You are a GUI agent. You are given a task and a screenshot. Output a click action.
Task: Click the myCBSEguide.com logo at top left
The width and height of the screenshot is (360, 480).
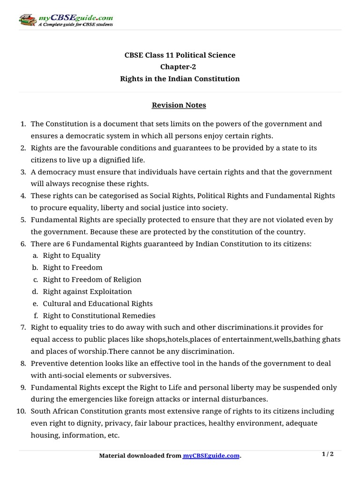coord(66,20)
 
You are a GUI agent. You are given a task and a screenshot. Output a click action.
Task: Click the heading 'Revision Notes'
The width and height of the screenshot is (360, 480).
coord(179,105)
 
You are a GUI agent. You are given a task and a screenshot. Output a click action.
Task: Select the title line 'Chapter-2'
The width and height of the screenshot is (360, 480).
coord(180,67)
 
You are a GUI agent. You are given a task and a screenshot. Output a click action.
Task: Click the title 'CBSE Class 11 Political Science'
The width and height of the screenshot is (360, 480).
coord(180,55)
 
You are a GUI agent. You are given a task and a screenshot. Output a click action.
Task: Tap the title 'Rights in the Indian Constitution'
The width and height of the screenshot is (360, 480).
coord(180,79)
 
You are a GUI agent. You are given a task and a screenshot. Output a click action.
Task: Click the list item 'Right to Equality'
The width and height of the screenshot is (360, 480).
coord(72,255)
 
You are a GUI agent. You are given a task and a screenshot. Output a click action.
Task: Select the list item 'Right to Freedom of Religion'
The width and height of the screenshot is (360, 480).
coord(92,279)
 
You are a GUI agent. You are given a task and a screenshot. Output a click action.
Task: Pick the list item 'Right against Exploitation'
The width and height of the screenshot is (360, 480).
coord(87,292)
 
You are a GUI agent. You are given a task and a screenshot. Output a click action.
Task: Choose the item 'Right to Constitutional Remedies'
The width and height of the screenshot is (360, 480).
coord(99,315)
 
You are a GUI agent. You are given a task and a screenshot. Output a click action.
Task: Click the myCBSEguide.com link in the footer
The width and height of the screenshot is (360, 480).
coord(211,456)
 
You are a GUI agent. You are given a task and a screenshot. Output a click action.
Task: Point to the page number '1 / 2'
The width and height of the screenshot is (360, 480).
coord(328,454)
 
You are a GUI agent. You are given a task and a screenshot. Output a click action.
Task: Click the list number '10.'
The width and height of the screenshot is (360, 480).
coord(21,411)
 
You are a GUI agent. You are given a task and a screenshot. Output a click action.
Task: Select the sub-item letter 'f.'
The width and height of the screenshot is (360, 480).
coord(36,315)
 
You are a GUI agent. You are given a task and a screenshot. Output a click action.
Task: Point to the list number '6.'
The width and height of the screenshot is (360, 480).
coord(23,244)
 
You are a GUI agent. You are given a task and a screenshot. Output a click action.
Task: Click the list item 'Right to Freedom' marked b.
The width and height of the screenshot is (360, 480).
coord(73,268)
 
